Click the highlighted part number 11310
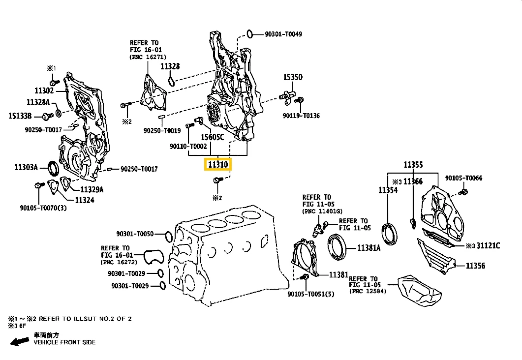point(217,164)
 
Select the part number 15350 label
point(292,77)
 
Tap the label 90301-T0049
point(283,34)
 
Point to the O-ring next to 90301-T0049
point(250,34)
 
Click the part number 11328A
point(38,102)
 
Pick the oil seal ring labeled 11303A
point(52,168)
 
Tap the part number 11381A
point(369,248)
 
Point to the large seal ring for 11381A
point(338,246)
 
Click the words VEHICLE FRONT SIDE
point(64,342)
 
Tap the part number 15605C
point(213,137)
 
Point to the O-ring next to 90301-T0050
point(167,237)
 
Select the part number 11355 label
point(413,165)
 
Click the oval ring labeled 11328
point(171,80)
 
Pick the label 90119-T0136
point(301,116)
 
